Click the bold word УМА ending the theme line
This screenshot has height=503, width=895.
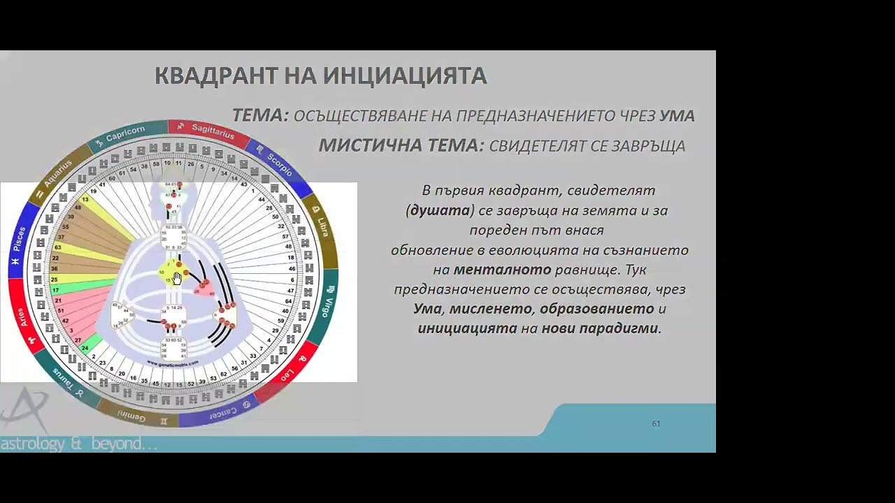(676, 116)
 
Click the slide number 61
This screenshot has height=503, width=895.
(656, 423)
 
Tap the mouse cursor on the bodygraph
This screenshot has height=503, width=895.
(176, 278)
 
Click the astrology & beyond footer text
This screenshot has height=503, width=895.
(78, 444)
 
